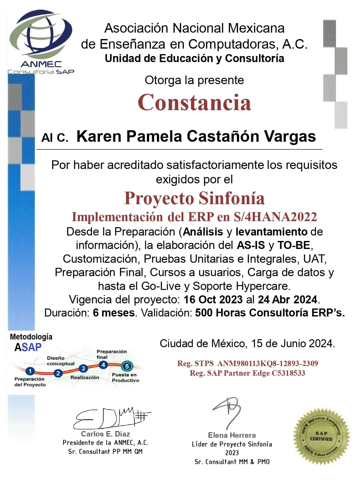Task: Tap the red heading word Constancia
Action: (x=194, y=102)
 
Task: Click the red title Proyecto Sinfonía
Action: (x=194, y=198)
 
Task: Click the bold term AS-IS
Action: (x=251, y=245)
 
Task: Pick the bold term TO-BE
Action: (x=294, y=245)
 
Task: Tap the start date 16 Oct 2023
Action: (x=213, y=300)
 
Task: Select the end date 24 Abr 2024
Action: (x=287, y=300)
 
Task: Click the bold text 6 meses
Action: (x=114, y=313)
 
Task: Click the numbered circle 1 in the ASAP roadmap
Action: (x=30, y=371)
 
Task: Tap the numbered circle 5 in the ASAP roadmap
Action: (x=127, y=366)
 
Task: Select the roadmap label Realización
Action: (x=84, y=378)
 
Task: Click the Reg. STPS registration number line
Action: (x=247, y=364)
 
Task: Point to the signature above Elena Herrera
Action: (x=228, y=411)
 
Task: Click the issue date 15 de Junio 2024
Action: (x=293, y=344)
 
